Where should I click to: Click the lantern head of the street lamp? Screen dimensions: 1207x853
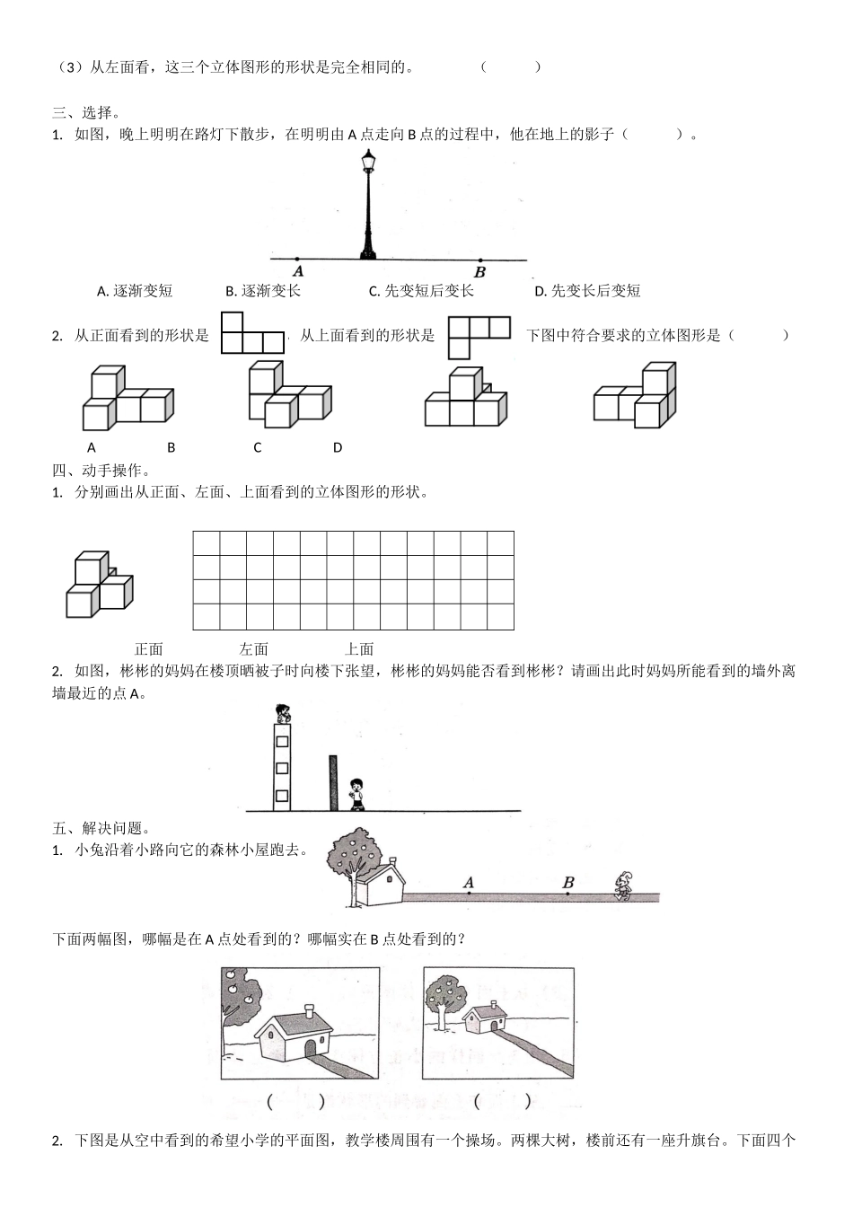pyautogui.click(x=368, y=162)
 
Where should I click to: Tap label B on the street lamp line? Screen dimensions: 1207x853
pyautogui.click(x=479, y=272)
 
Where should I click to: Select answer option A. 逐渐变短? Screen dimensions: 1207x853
pyautogui.click(x=135, y=291)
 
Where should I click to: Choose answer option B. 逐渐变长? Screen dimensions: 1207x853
pyautogui.click(x=263, y=291)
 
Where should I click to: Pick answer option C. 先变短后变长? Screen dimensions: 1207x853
pyautogui.click(x=421, y=291)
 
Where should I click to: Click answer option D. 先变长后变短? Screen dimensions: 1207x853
pyautogui.click(x=587, y=291)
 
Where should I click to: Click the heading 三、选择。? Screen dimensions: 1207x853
pyautogui.click(x=86, y=112)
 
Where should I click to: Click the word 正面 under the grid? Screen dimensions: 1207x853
pyautogui.click(x=149, y=648)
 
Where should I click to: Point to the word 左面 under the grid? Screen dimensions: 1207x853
pyautogui.click(x=254, y=648)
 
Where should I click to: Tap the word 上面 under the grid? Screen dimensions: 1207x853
pyautogui.click(x=359, y=648)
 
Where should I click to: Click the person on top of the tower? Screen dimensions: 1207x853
pyautogui.click(x=282, y=714)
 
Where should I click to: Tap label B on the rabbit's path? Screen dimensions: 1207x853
pyautogui.click(x=567, y=883)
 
